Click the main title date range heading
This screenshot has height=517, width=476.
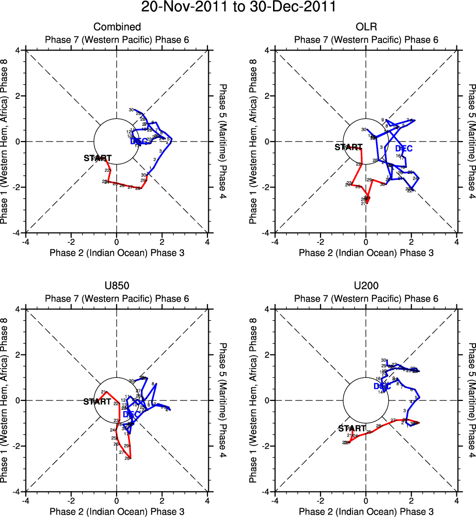click(238, 7)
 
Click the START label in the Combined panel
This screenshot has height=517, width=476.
click(98, 158)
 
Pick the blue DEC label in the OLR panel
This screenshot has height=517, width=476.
click(403, 148)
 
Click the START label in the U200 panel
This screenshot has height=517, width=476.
click(352, 428)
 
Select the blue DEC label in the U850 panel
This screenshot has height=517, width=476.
click(131, 414)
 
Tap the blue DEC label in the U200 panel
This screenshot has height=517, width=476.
click(382, 386)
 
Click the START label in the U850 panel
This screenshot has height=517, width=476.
click(97, 401)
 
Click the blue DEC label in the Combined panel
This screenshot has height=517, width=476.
click(139, 142)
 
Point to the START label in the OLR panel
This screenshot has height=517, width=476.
click(348, 147)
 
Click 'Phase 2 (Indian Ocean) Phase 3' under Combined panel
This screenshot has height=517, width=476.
click(117, 253)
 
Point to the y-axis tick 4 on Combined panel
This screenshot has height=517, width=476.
click(18, 50)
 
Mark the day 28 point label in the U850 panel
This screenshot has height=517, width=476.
click(127, 458)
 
